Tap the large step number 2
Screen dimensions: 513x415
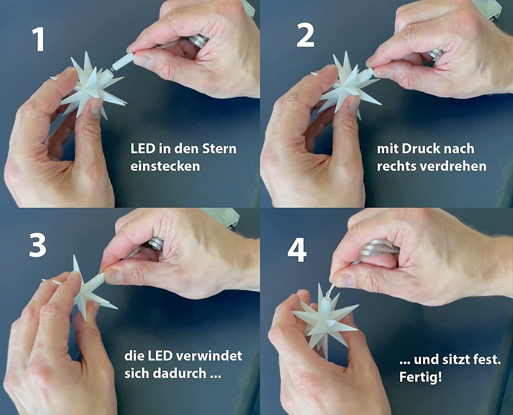tap(305, 35)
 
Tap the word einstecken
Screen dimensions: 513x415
tap(165, 166)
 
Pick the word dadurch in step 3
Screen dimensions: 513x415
tap(179, 373)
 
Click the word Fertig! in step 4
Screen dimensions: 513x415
tap(421, 377)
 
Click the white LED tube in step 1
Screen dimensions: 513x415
tap(122, 62)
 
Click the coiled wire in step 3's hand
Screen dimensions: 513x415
tap(155, 243)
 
